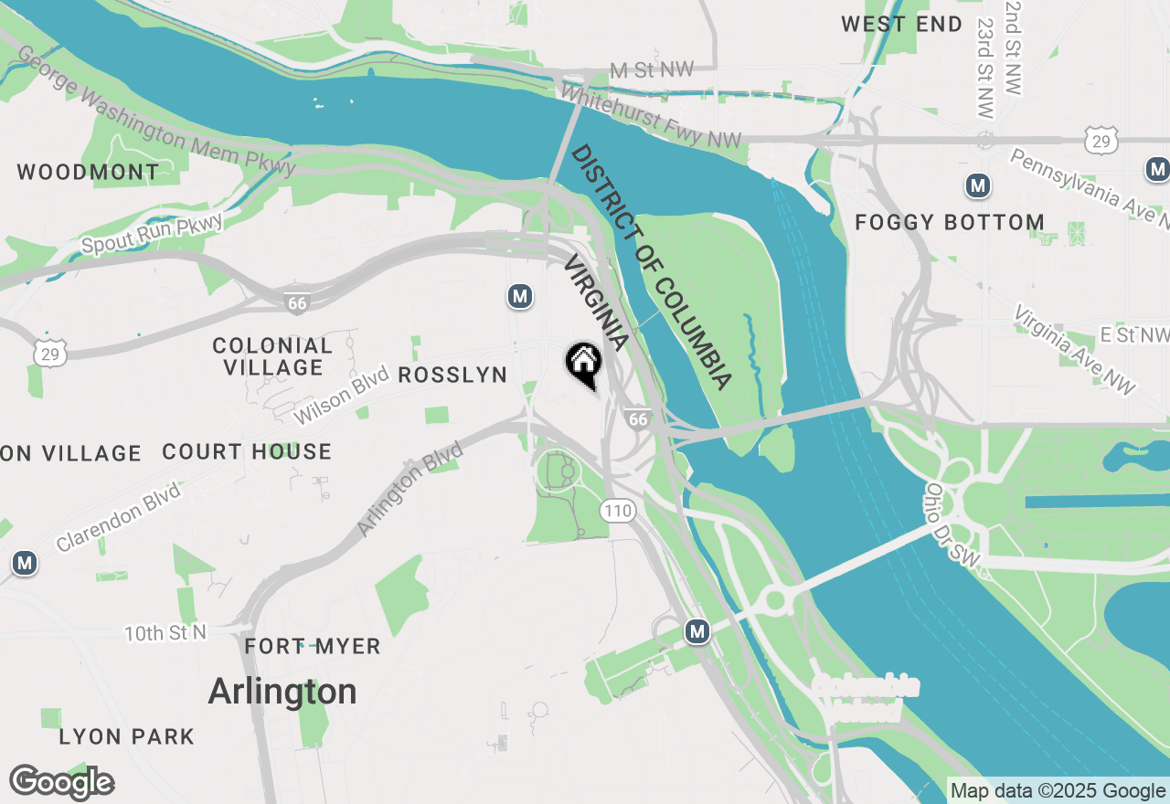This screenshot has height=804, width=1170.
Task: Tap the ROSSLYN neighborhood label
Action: point(452,376)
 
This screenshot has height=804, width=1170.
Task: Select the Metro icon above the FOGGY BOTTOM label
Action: point(979,186)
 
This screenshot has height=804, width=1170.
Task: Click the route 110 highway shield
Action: point(619,511)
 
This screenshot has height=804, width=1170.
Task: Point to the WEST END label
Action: point(902,25)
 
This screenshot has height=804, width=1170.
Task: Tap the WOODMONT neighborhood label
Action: point(88,172)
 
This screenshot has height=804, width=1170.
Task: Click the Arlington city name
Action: point(282,692)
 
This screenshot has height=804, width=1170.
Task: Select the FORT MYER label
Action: point(313,647)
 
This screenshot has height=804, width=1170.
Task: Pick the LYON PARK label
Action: point(127,736)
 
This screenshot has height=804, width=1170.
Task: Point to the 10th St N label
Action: point(165,632)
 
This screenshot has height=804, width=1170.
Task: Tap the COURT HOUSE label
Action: point(247,452)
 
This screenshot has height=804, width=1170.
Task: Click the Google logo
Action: point(61,783)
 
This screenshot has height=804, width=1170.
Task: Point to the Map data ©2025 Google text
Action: point(1057,791)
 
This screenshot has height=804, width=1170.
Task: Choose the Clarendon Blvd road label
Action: point(119,516)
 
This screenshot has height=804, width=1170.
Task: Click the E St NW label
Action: point(1133,335)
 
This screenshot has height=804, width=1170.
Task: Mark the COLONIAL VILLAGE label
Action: point(272,356)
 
